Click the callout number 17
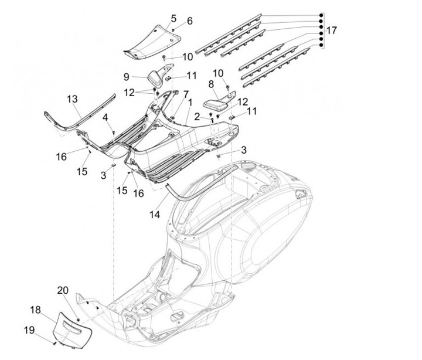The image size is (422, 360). point(332,30)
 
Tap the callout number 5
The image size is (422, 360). point(173,18)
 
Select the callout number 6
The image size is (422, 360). point(189,22)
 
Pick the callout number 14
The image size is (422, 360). point(155,215)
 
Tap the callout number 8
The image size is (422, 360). point(211,84)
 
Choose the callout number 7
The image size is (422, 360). point(186,94)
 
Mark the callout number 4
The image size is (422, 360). point(105,118)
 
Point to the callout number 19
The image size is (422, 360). point(28,330)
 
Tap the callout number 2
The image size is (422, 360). point(198,116)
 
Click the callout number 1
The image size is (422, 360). point(189,102)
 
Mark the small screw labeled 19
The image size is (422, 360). point(55,342)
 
